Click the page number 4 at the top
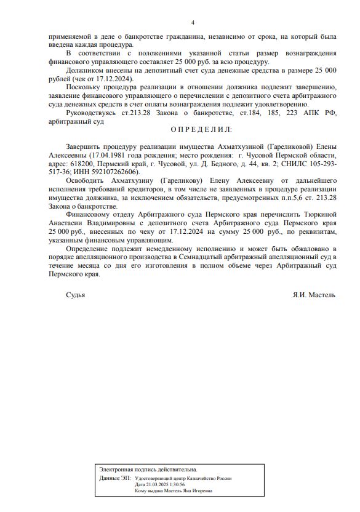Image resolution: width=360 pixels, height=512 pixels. pyautogui.click(x=193, y=23)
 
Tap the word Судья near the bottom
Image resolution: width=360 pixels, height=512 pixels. pyautogui.click(x=76, y=295)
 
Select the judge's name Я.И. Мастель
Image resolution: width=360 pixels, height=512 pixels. pyautogui.click(x=314, y=295)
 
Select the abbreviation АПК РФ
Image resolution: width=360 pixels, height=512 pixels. pyautogui.click(x=322, y=113)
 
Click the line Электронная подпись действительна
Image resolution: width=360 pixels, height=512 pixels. pyautogui.click(x=148, y=470)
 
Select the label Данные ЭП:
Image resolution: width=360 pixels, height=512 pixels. pyautogui.click(x=114, y=478)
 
